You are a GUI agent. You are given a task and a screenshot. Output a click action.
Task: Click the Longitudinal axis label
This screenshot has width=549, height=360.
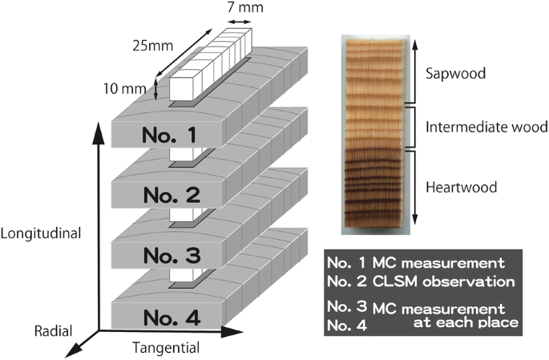[42, 235]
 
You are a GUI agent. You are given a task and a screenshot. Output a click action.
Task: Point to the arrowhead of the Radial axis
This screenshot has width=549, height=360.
[75, 349]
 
